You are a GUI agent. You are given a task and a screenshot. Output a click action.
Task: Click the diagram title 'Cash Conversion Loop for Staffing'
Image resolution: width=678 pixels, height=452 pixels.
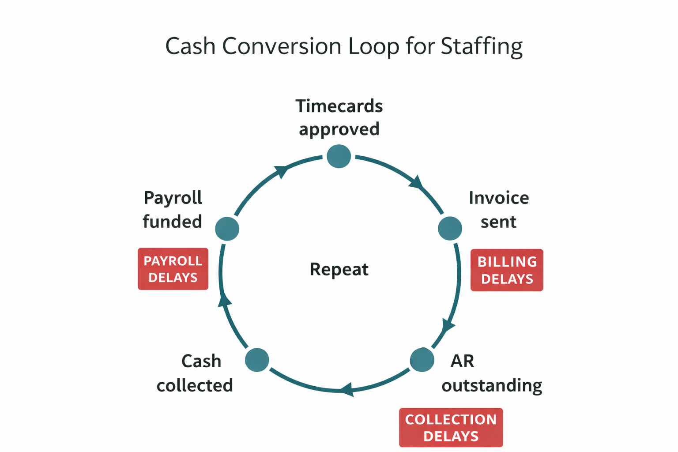click(343, 46)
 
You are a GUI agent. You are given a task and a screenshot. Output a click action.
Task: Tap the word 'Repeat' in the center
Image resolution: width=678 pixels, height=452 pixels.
click(339, 269)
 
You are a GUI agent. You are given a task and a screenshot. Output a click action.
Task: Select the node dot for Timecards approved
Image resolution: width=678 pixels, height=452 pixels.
click(339, 156)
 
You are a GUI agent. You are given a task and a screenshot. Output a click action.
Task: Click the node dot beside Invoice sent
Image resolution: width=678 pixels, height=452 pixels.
click(450, 229)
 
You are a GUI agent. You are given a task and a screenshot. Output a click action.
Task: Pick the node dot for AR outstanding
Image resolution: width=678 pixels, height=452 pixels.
click(422, 360)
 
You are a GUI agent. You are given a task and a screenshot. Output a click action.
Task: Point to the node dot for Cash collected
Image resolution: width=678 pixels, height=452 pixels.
click(257, 360)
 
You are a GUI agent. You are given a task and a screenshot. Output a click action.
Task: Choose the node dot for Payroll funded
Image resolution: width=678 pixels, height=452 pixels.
click(227, 229)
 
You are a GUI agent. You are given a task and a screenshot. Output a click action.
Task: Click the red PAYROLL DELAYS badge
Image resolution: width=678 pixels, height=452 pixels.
click(173, 269)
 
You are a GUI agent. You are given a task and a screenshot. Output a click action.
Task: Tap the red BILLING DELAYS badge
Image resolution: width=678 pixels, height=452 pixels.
click(507, 270)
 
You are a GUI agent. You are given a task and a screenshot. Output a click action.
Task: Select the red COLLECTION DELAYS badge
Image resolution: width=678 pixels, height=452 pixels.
click(451, 428)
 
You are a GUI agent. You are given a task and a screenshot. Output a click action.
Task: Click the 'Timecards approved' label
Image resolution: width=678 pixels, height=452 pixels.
click(339, 117)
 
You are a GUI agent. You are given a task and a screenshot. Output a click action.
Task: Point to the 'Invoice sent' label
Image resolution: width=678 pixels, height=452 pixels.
click(499, 210)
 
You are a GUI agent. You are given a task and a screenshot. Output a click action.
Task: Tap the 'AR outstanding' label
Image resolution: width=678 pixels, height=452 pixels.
click(491, 373)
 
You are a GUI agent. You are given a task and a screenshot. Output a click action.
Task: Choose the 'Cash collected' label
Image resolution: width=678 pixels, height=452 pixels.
click(195, 373)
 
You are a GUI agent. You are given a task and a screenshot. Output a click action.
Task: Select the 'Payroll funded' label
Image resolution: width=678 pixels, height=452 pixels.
click(173, 210)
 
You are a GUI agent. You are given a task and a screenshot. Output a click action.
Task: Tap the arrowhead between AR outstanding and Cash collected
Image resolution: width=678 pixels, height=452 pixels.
click(347, 390)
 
